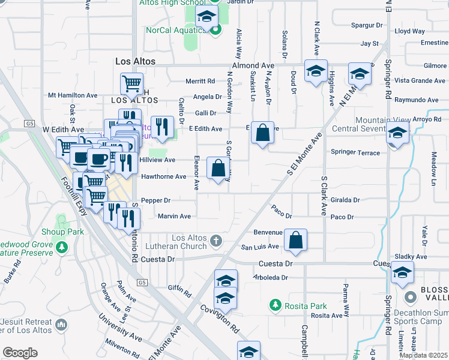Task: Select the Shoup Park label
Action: point(62,232)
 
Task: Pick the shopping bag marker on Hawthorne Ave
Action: point(218,168)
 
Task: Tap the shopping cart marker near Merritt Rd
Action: point(131,84)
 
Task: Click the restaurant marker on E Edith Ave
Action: point(161,127)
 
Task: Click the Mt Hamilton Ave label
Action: point(73,95)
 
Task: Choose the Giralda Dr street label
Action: point(345,200)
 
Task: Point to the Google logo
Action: point(20,352)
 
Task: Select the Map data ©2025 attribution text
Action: point(423,355)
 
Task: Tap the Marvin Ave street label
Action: point(173,216)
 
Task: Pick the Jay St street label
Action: point(369,44)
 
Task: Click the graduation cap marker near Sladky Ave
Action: point(402,274)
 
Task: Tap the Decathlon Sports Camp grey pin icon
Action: point(411,297)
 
